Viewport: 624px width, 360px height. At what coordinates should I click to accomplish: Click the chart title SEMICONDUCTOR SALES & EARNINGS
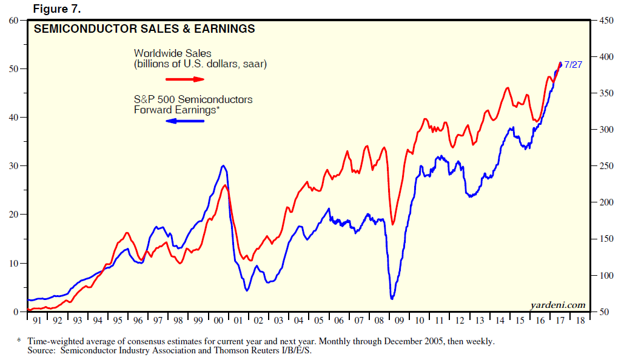click(144, 29)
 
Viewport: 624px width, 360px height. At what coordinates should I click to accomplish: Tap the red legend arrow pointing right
click(185, 79)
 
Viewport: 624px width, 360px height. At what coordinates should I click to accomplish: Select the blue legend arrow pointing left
click(185, 121)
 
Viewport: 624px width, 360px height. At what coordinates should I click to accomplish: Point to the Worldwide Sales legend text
click(173, 53)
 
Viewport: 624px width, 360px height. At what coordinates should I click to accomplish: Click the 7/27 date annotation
click(573, 64)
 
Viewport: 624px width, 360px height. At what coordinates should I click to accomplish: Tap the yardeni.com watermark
click(558, 304)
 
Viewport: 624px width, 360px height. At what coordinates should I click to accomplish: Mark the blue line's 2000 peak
click(224, 165)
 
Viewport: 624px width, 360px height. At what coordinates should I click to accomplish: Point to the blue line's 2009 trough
click(392, 298)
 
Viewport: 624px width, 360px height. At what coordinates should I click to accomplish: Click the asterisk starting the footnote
click(19, 341)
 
